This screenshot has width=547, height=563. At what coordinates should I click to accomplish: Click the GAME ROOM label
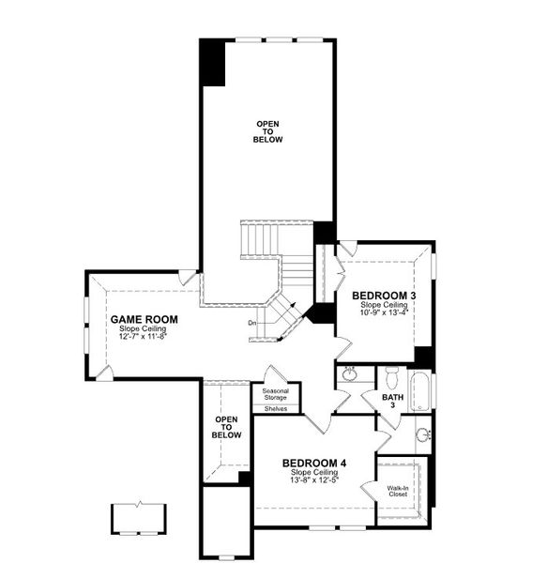tap(144, 319)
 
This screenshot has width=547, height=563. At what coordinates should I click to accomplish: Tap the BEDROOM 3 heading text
tap(384, 296)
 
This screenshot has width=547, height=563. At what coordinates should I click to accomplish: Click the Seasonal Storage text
tap(275, 395)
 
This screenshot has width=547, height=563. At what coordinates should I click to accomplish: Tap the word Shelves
tap(275, 409)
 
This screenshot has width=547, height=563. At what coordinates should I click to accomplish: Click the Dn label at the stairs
tap(252, 324)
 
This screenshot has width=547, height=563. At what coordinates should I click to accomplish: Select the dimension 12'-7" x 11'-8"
tap(144, 338)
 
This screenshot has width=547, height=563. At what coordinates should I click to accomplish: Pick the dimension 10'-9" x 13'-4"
tap(384, 313)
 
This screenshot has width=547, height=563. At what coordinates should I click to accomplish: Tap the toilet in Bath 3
tap(392, 379)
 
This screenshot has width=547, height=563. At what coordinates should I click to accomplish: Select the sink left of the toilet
tap(350, 376)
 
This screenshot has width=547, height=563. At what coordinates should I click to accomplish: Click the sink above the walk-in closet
tap(423, 435)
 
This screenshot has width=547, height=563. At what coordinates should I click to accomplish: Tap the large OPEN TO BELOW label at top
tap(267, 131)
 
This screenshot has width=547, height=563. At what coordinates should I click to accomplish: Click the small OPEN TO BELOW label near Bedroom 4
tap(227, 428)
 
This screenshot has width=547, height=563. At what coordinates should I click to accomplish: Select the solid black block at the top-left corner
tap(212, 61)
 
